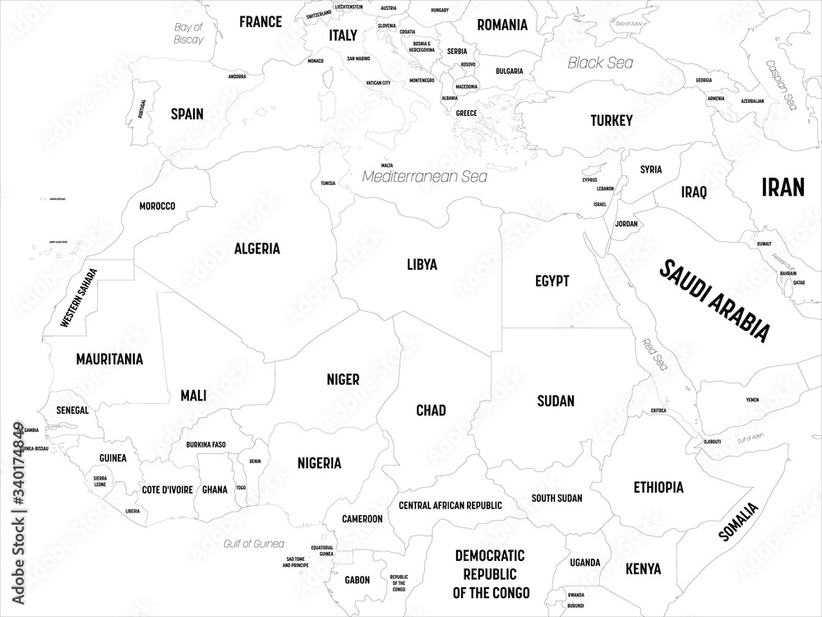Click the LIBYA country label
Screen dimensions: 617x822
coord(422,265)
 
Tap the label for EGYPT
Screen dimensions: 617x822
coord(552,281)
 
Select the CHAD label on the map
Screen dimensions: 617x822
coord(431,410)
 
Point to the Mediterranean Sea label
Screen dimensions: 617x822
coord(425,176)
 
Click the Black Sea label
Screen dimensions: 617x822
coord(601,63)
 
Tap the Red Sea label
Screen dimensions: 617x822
coord(655,355)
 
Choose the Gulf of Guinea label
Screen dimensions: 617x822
coord(254,544)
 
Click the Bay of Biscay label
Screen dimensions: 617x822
coord(187,34)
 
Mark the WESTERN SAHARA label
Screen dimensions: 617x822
coord(79,299)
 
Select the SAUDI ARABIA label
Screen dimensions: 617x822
coord(715,300)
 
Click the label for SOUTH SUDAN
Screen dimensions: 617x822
coord(556,498)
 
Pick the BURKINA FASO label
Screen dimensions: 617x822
coord(206,445)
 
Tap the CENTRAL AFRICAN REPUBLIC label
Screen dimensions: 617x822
coord(450,504)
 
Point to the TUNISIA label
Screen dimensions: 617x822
coord(327,183)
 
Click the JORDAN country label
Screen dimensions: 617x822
coord(626,224)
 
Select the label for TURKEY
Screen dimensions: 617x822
coord(612,121)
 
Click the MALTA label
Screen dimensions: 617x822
coord(386,165)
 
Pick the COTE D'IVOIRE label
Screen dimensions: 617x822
coord(167,489)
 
